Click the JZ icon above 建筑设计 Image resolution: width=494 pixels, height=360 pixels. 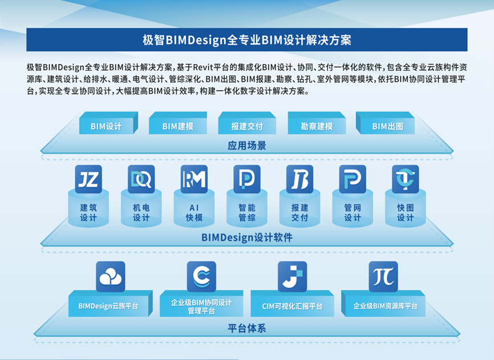[88, 179]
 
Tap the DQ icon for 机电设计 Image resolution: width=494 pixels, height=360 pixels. [141, 179]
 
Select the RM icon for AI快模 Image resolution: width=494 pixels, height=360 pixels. [194, 179]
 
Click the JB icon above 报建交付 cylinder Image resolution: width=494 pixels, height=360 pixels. [299, 179]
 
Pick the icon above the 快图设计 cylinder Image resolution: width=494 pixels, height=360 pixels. [406, 179]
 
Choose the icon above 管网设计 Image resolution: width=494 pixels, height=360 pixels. [353, 179]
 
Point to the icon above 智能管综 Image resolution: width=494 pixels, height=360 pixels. [247, 179]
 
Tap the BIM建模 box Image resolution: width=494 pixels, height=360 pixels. [178, 123]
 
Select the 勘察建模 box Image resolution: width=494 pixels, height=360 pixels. [317, 123]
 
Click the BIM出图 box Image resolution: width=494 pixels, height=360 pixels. [385, 123]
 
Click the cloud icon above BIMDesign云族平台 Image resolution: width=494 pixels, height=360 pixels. [111, 277]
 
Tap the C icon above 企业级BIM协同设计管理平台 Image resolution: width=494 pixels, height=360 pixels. [201, 277]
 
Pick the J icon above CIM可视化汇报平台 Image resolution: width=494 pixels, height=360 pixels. [293, 277]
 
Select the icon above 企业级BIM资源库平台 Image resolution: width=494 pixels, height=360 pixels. [383, 277]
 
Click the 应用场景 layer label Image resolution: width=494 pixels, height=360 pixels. [247, 145]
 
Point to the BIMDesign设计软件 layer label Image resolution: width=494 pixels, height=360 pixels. [247, 237]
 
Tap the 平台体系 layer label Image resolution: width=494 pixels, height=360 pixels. [247, 328]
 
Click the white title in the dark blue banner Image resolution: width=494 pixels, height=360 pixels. [247, 40]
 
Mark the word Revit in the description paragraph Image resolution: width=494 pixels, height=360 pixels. [203, 67]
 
